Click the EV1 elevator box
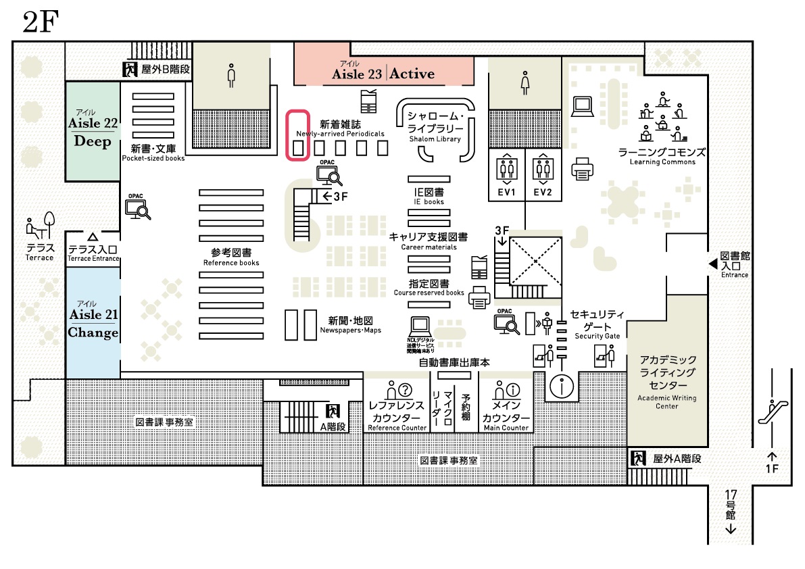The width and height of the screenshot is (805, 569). coord(507,176)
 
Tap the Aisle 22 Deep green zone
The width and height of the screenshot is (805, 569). coord(93,132)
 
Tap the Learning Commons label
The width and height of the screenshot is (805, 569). coord(662,156)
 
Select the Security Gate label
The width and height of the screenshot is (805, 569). coord(597,324)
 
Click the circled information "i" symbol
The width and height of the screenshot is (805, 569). coord(562,387)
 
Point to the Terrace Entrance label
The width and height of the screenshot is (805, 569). coord(93,253)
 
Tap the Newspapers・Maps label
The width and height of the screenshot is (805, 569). coord(351,325)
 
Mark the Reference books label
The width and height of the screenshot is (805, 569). coord(231,257)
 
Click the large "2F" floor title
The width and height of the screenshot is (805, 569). coord(41,22)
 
